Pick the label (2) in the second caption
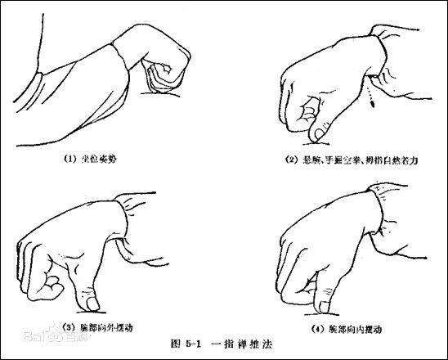tap(291, 160)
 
